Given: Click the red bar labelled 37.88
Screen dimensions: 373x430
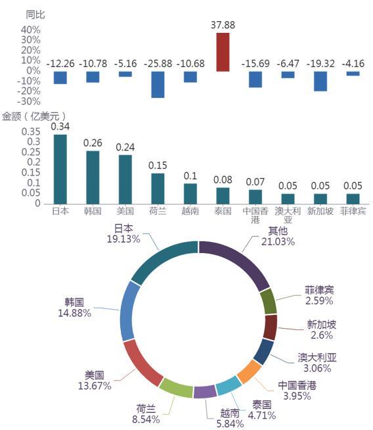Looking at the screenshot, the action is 223,52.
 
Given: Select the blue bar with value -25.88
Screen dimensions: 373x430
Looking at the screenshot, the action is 158,84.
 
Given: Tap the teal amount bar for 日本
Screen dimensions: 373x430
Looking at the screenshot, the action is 60,169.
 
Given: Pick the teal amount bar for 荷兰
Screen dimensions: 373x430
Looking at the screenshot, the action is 158,189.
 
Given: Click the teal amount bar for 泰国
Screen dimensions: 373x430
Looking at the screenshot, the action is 223,196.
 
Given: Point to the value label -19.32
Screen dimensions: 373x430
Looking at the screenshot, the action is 320,64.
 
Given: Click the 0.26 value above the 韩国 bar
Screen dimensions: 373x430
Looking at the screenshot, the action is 93,143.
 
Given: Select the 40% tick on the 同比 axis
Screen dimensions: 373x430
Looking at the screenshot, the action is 31,30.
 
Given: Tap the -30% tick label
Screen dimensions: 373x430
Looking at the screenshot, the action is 29,101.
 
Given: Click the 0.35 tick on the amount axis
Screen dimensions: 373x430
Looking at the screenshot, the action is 31,131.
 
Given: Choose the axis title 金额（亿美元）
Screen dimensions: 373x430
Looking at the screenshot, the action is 34,116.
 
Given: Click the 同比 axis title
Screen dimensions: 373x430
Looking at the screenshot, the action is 35,14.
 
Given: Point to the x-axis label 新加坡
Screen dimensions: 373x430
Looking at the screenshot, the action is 320,211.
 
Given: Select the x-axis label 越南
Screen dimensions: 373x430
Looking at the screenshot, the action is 190,211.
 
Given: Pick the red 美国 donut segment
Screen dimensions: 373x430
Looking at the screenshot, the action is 141,364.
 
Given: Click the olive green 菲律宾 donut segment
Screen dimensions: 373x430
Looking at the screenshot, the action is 269,301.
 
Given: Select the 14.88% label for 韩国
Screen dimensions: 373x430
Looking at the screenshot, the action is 74,313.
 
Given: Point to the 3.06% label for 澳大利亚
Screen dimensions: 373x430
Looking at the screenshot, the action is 317,368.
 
